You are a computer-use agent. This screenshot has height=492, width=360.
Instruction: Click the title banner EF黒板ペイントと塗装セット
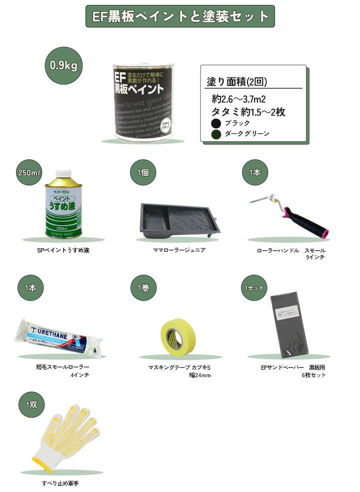[180, 16]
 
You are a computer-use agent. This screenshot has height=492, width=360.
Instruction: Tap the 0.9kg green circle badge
[63, 65]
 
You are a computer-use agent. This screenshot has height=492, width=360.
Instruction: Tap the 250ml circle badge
[28, 172]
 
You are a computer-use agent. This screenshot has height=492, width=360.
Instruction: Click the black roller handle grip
[304, 224]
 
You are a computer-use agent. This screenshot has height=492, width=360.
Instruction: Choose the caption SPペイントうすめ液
[62, 250]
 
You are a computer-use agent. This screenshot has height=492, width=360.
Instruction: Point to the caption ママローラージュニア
[179, 250]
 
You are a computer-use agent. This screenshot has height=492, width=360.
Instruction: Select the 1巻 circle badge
[142, 288]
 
